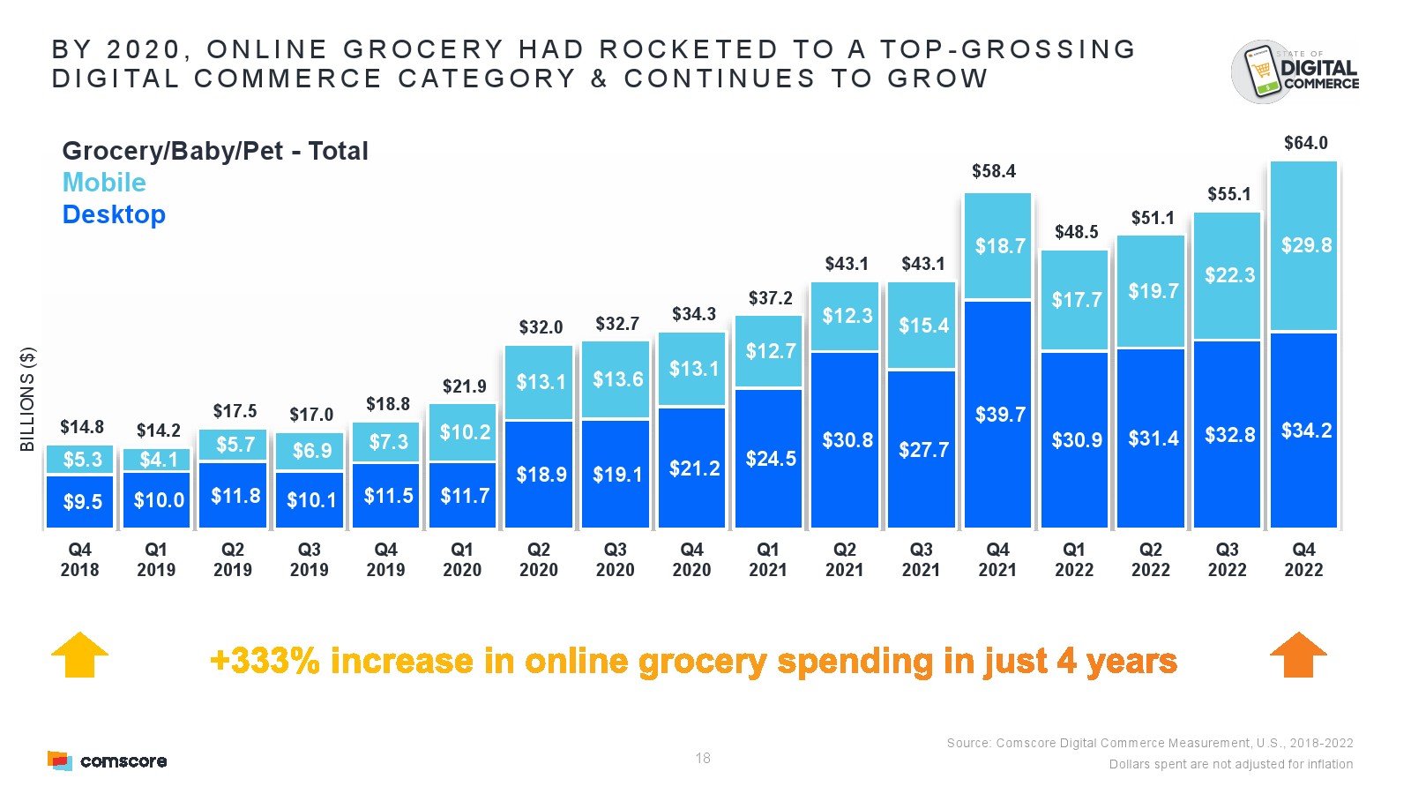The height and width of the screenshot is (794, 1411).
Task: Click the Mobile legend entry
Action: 104,183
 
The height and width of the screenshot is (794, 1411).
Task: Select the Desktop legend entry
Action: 114,214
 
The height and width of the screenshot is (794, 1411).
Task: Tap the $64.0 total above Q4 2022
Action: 1305,143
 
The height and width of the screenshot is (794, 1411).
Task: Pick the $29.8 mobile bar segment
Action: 1305,245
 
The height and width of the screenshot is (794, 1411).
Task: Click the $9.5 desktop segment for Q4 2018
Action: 81,502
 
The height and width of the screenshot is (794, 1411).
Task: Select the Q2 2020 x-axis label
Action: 538,559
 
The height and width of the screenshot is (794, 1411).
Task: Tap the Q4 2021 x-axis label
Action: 997,559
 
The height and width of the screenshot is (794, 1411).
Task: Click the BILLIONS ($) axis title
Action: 28,399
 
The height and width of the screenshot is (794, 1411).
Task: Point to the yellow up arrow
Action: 79,655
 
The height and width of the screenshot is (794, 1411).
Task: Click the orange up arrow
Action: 1298,655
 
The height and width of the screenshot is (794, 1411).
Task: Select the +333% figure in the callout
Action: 265,661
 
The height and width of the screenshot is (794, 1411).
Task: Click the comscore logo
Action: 107,760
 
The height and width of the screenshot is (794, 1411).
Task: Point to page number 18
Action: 703,758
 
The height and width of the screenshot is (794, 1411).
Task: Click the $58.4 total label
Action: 993,171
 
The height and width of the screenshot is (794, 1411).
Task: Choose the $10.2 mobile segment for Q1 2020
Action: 465,432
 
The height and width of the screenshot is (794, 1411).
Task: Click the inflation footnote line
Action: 1230,764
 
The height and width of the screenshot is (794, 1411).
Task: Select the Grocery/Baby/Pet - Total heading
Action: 215,151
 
